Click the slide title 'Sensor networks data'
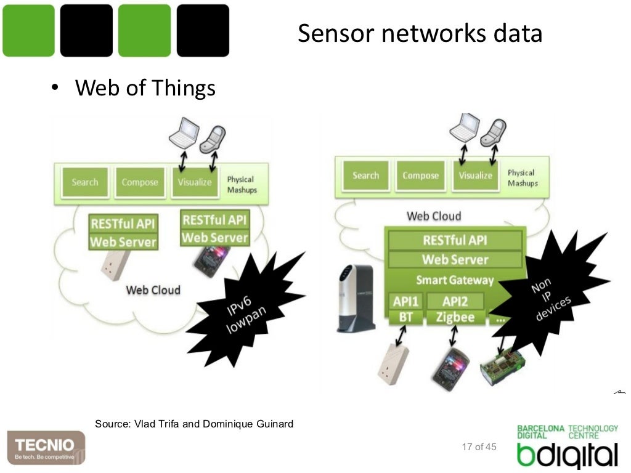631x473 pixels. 420,33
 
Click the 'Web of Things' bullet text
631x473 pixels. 145,88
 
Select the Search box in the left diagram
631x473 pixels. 84,182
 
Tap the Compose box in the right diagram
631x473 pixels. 420,176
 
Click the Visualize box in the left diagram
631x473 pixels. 195,182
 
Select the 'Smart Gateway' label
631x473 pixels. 455,280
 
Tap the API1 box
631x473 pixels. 405,302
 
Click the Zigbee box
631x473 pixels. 455,318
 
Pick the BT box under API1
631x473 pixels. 405,318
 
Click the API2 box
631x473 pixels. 455,302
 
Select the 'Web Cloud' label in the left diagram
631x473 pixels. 153,289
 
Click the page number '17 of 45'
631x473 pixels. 479,447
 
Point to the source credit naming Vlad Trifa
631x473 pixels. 194,424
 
